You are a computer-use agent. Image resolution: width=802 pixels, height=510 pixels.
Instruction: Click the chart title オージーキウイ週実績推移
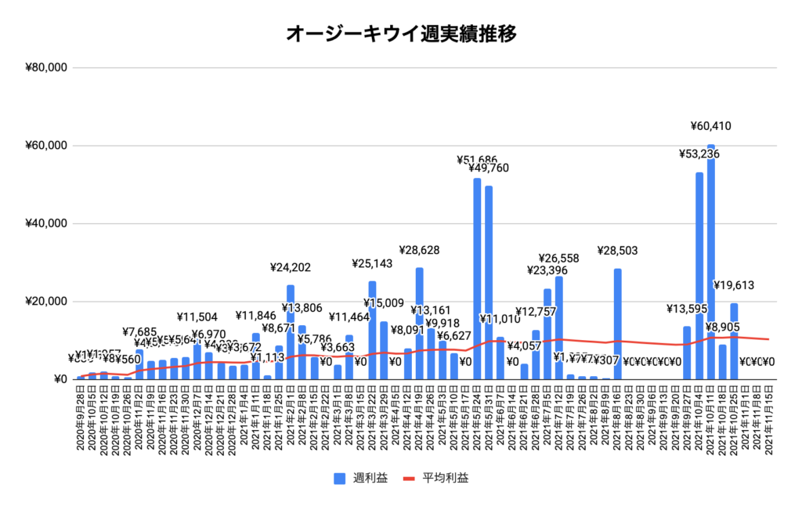[x=400, y=34]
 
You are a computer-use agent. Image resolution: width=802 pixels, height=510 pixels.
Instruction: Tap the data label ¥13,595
[x=689, y=309]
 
